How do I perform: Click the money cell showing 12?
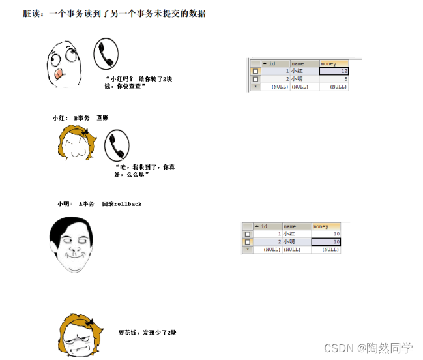pos(334,71)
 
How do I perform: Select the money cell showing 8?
pos(334,79)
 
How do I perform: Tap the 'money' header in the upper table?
pos(334,64)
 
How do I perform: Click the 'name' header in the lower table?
pos(297,226)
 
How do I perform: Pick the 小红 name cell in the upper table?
pos(305,71)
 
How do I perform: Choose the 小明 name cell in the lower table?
pos(297,242)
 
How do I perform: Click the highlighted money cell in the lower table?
pos(326,242)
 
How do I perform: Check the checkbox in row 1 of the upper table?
pos(255,72)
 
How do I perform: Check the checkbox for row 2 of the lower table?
pos(248,242)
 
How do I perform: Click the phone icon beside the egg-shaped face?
pos(106,53)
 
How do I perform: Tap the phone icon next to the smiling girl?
pos(117,145)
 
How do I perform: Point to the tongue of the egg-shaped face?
pos(58,74)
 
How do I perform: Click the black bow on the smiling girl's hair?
pos(85,132)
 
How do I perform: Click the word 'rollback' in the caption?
pos(128,204)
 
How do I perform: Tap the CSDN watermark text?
pos(368,348)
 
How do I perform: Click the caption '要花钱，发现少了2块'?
pos(147,333)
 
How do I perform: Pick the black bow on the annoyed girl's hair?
pos(90,322)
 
